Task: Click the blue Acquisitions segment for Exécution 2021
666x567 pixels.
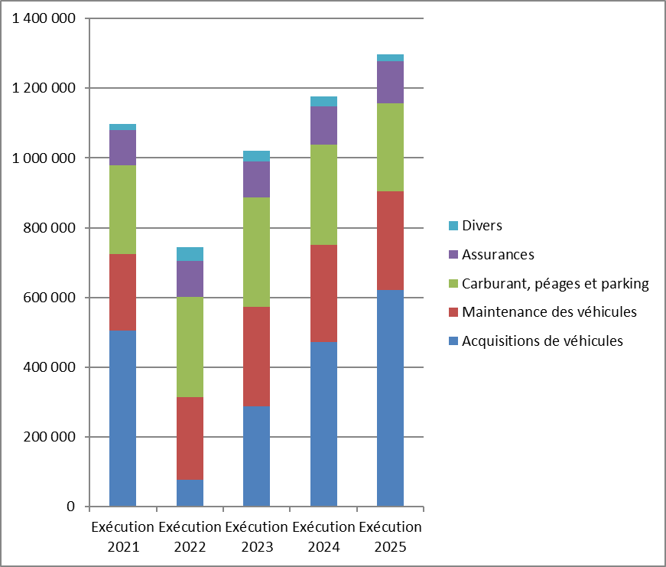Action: [x=123, y=419]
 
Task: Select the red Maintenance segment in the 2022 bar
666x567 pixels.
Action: [x=190, y=438]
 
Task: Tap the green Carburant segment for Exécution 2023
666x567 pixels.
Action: [x=257, y=252]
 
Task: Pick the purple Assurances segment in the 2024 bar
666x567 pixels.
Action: [x=323, y=125]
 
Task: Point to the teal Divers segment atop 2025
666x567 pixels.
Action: [x=390, y=58]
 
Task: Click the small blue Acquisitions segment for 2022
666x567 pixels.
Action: [x=190, y=493]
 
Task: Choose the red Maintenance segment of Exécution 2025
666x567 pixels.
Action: [x=390, y=240]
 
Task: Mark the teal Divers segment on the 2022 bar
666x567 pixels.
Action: [x=190, y=254]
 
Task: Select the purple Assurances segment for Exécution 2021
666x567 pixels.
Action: [x=123, y=148]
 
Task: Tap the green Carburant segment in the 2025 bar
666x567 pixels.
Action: [x=390, y=148]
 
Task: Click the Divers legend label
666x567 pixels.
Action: [x=482, y=225]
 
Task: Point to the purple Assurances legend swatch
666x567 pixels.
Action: [x=453, y=255]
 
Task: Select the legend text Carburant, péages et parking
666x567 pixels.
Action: [x=556, y=284]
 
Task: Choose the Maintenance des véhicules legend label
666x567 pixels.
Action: [x=549, y=312]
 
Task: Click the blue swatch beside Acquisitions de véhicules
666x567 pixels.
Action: [x=453, y=341]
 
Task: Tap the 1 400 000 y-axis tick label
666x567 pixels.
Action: [x=44, y=18]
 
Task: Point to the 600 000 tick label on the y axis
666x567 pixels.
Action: [x=49, y=298]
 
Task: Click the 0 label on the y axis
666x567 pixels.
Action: [x=71, y=507]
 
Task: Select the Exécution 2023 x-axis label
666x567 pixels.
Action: [x=257, y=537]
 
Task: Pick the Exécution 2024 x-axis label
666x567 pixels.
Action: [x=323, y=537]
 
